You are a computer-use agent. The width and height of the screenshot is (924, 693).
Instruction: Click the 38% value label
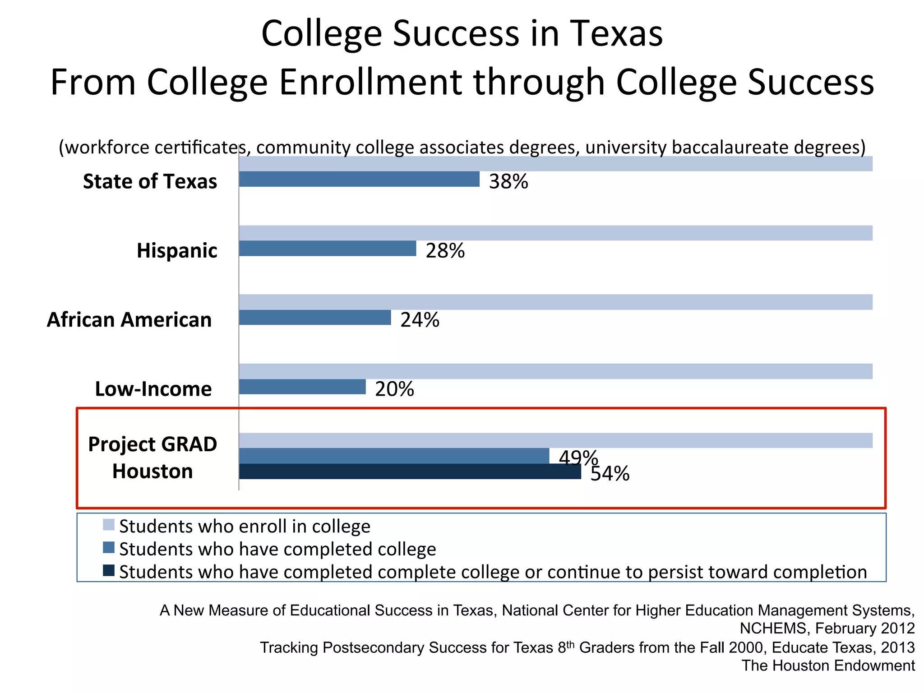(508, 182)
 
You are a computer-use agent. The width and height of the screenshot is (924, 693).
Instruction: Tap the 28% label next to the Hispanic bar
(445, 251)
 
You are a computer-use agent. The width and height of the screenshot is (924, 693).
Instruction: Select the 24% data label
(420, 320)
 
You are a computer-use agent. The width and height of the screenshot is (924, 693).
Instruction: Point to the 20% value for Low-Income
(394, 389)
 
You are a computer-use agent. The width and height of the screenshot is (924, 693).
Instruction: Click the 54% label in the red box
(610, 474)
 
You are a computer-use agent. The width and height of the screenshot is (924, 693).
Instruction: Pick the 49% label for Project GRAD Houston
(578, 457)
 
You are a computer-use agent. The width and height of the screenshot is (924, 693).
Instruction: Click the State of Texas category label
(150, 181)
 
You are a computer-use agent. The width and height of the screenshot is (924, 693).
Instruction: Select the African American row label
(129, 320)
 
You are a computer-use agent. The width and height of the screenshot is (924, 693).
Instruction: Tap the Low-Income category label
(153, 389)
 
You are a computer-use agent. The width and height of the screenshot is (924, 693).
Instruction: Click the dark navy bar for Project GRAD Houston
(410, 471)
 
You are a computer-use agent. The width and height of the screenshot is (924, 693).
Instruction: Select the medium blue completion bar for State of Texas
(359, 179)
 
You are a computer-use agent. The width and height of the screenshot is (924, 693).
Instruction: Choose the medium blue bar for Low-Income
(302, 387)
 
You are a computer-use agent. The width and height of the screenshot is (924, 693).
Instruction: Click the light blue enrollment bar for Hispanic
(555, 233)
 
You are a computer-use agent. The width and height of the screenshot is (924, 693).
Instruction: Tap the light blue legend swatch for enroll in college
(108, 525)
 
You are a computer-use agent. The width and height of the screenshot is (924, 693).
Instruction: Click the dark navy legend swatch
(108, 570)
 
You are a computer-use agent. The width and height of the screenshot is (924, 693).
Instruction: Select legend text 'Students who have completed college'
(277, 549)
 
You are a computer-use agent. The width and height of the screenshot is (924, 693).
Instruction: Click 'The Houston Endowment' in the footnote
(828, 665)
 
